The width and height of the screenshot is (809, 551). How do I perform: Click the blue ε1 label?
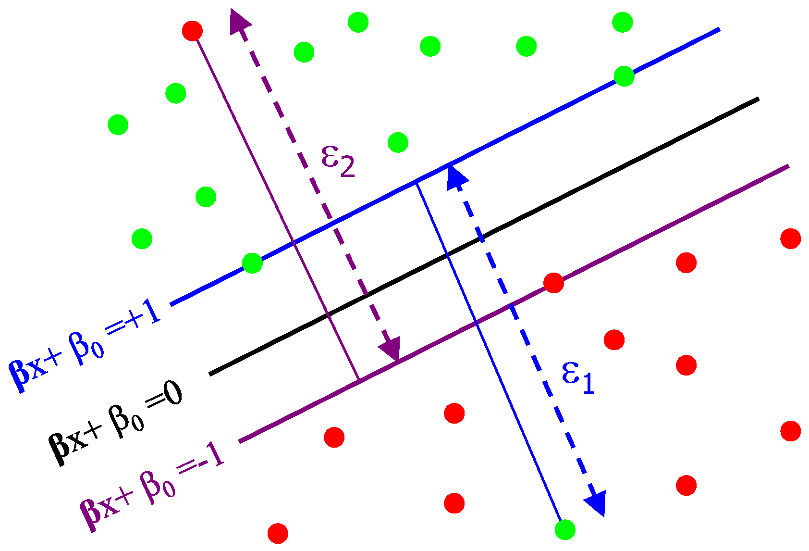[x=578, y=378]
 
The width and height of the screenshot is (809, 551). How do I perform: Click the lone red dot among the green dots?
[x=193, y=31]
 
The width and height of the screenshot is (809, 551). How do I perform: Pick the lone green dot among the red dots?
[x=565, y=530]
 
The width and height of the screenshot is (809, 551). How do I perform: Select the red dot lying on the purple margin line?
[x=553, y=283]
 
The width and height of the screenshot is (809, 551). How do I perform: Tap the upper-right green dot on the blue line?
[x=624, y=76]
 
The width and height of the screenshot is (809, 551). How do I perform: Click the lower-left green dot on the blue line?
[x=252, y=263]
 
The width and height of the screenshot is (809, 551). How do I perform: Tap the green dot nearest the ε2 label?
[x=398, y=142]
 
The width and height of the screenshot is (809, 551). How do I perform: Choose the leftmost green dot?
[x=118, y=125]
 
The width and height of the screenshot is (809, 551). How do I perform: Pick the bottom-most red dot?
[x=278, y=533]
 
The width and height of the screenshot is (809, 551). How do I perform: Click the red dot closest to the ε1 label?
[x=614, y=340]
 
